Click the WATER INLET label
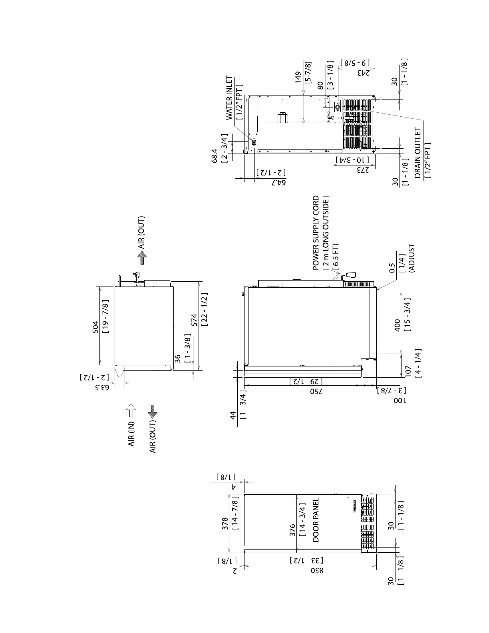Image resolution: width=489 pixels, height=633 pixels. coord(229,98)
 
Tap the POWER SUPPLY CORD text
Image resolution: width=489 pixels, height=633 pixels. coord(316,233)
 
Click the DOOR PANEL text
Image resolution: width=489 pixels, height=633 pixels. coord(316,520)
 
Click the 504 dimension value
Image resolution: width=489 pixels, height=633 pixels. coord(95,326)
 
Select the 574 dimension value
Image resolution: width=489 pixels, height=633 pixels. coord(195,319)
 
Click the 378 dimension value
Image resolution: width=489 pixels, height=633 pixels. coord(225,524)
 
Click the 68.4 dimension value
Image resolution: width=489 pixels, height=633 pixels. coord(215,155)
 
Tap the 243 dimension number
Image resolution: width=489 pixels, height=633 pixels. coord(362,73)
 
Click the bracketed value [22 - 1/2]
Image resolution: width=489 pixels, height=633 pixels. coord(204,310)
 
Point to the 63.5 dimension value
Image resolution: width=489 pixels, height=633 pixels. coord(105,388)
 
